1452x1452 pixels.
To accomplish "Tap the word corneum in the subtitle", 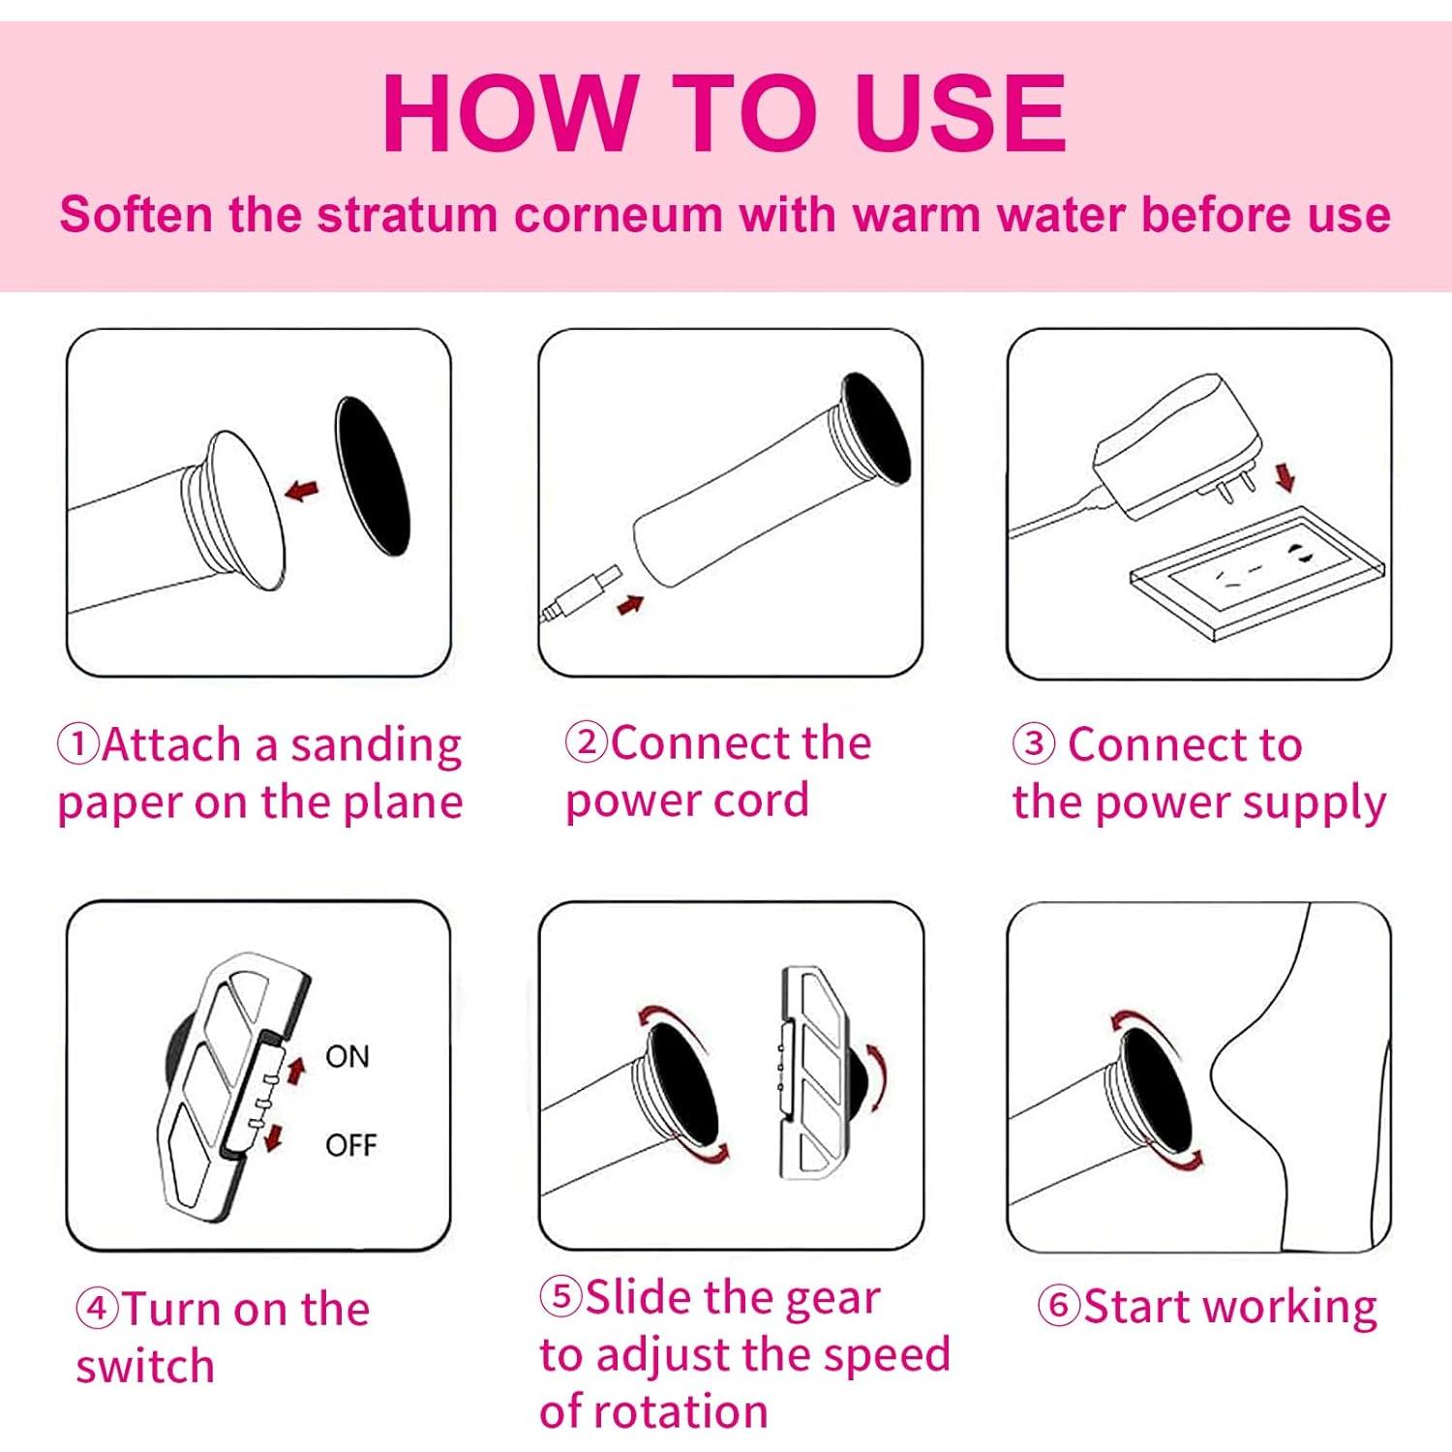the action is (618, 214).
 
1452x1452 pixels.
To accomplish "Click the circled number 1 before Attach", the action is (77, 743).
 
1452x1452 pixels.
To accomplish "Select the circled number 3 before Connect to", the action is (1034, 743).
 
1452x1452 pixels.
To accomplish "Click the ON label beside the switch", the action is (348, 1056).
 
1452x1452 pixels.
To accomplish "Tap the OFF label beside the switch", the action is (350, 1145).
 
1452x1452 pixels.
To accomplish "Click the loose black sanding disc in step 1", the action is (373, 475).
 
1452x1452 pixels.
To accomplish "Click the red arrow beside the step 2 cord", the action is (630, 605).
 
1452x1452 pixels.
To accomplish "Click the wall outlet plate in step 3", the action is (1257, 574).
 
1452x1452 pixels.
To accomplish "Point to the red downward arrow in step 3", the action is (1285, 476).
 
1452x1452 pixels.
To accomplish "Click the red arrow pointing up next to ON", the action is (296, 1069).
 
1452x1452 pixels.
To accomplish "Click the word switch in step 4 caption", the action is (145, 1367).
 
